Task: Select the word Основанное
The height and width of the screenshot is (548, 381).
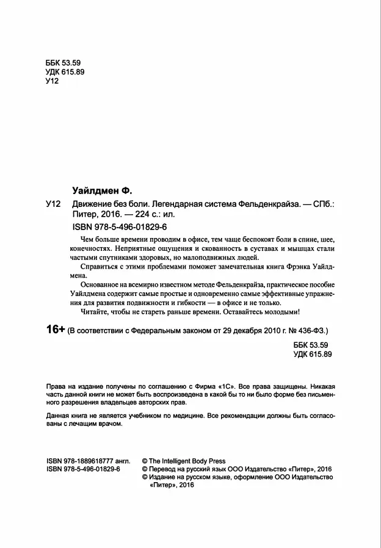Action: (102, 286)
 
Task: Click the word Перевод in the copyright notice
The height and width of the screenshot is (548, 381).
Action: (164, 469)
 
